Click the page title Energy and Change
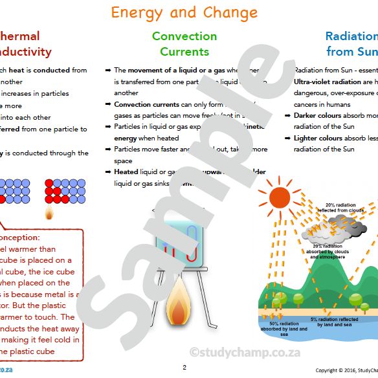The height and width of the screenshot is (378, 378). [x=184, y=12]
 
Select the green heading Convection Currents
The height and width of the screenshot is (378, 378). [x=184, y=43]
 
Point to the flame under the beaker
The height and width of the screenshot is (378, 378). [x=177, y=303]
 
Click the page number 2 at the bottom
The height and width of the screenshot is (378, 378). [x=184, y=368]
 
